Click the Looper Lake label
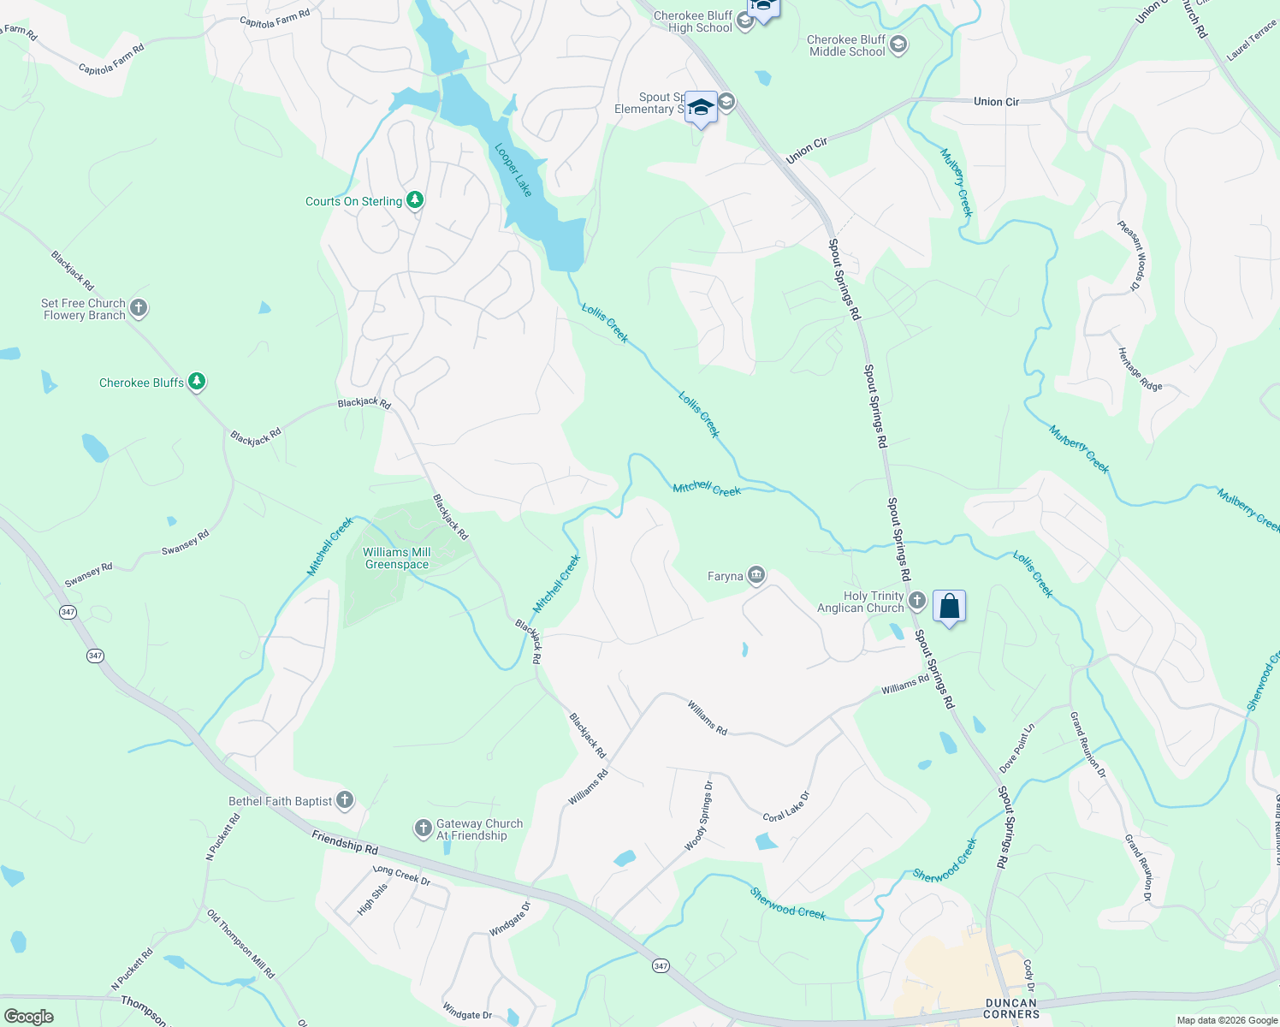513,169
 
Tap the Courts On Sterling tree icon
415,200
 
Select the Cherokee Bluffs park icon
197,382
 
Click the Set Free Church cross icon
139,308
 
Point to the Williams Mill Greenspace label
397,558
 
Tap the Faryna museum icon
756,575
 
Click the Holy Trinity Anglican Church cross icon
917,601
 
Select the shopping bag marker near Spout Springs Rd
949,607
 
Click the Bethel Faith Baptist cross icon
344,800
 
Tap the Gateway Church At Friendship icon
423,828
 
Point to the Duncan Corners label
1011,1008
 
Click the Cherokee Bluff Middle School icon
898,45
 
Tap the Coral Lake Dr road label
785,806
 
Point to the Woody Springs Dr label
698,816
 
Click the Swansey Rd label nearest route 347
89,574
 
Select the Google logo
29,1017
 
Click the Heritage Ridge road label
1140,370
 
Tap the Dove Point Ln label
1017,748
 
